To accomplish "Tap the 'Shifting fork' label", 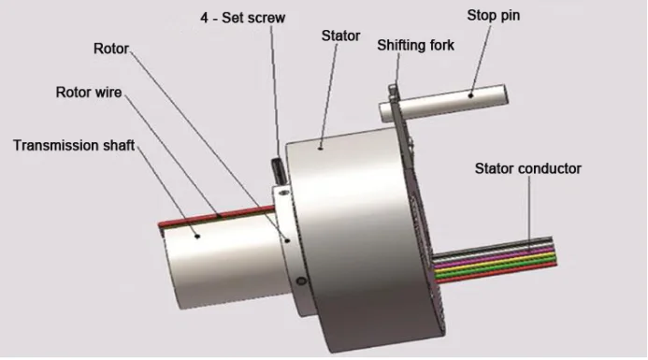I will (x=415, y=45).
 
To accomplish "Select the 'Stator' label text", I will (x=341, y=36).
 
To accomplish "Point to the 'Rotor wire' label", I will (x=90, y=92).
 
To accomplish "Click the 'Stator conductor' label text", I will (x=527, y=168).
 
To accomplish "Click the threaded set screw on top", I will (x=278, y=172).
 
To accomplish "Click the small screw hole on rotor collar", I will (x=299, y=280).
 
